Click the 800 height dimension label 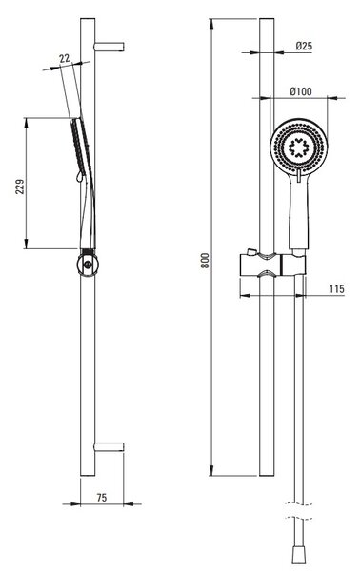point(206,261)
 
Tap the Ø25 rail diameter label point(304,46)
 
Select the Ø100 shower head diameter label point(301,91)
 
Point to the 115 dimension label point(336,288)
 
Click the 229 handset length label point(20,187)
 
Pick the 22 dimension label point(65,58)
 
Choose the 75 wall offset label point(102,498)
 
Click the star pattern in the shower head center point(298,148)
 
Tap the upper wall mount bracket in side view point(109,47)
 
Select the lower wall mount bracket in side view point(109,447)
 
